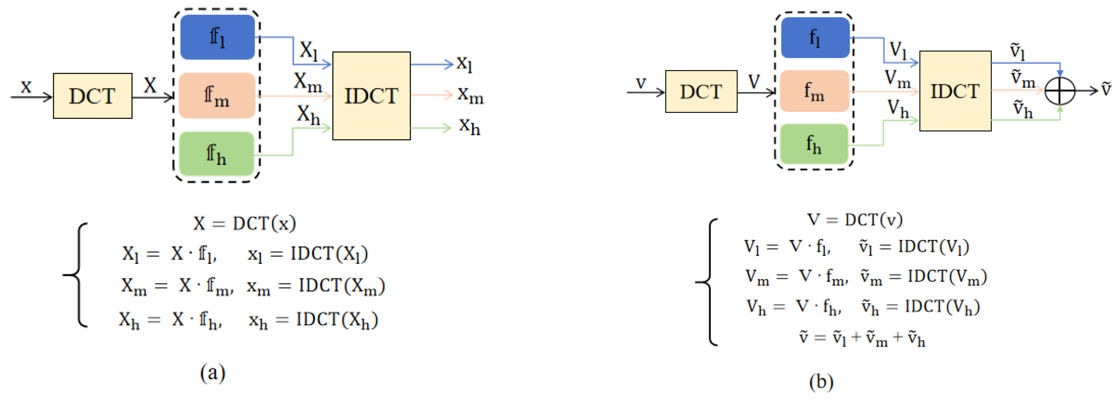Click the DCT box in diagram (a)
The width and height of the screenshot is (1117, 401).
point(92,96)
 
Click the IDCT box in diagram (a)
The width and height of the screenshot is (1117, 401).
point(371,96)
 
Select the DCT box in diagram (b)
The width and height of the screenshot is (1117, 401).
point(701,92)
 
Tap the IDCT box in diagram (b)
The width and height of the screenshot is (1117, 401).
point(955,91)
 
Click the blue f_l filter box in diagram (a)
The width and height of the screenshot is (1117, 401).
point(217,37)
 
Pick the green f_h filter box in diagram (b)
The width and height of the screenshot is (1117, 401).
point(814,144)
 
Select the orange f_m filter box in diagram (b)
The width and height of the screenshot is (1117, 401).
point(814,91)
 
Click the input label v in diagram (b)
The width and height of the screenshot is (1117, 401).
point(640,83)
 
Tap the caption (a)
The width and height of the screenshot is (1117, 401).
point(212,372)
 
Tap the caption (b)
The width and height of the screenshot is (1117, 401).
point(821,382)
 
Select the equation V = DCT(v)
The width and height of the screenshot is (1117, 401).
point(855,219)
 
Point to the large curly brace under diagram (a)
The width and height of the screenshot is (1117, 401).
point(77,275)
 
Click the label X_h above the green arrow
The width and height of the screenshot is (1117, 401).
point(308,115)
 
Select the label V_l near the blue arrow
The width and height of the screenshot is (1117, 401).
point(898,50)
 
